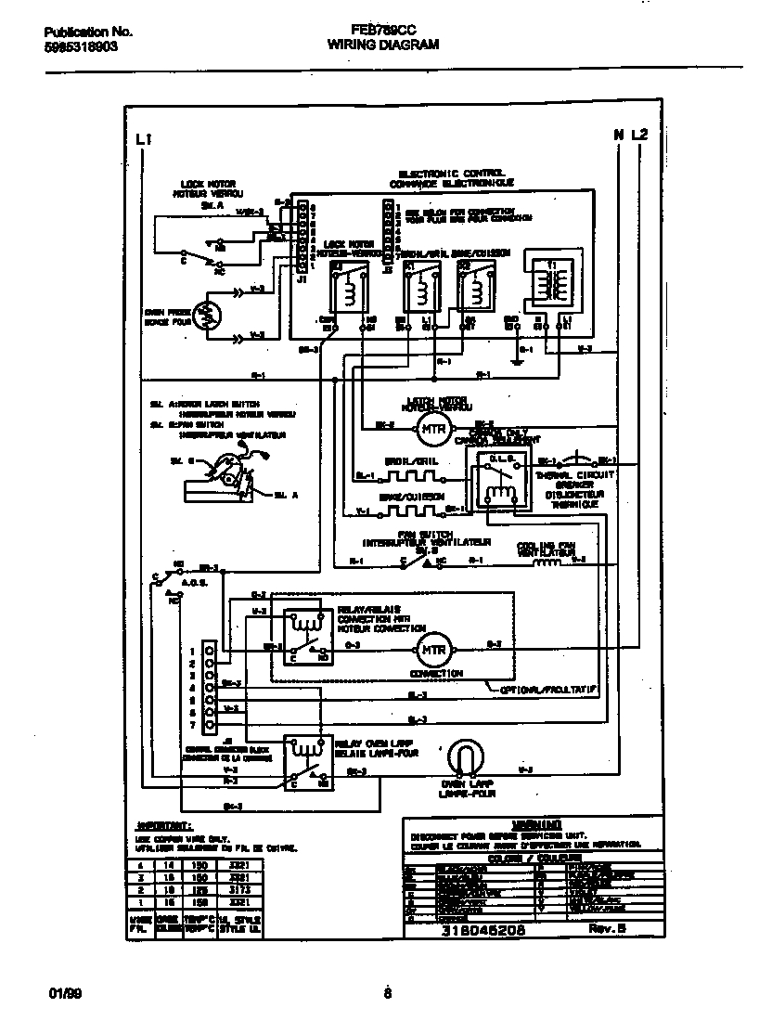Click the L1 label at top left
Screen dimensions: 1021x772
tap(143, 138)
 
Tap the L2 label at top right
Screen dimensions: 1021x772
tap(640, 136)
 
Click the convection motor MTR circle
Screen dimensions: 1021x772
tap(430, 648)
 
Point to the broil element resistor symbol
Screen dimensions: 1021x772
tap(409, 478)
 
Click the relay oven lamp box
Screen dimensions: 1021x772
tap(307, 759)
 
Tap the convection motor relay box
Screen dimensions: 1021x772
tap(307, 633)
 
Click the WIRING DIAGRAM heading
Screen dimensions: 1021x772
tap(384, 45)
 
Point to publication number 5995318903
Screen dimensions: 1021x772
tap(80, 45)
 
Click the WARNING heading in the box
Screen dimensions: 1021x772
tap(535, 824)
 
